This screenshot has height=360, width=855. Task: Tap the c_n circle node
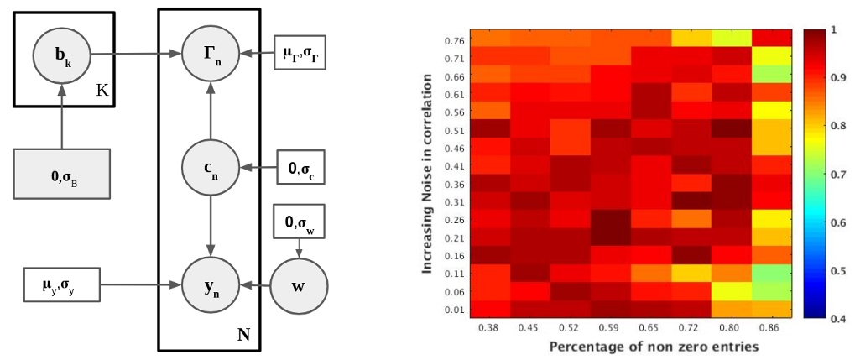click(210, 167)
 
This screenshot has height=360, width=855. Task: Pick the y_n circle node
click(210, 285)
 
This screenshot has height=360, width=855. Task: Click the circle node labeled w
click(297, 285)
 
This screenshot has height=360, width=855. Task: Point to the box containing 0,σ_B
click(60, 175)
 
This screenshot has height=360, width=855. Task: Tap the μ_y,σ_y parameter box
click(60, 285)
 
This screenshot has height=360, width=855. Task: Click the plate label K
click(102, 90)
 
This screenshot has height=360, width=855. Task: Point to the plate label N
click(245, 333)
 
